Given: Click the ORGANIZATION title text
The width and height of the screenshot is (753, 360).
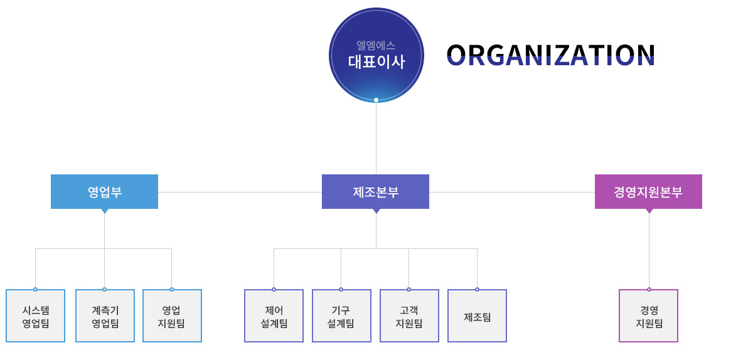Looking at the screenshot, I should (550, 55).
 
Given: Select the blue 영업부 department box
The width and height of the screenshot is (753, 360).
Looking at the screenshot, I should (104, 191).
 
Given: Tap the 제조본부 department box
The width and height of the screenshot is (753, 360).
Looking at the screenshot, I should (375, 191).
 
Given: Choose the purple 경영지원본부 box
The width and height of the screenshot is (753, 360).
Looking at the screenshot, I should (648, 191).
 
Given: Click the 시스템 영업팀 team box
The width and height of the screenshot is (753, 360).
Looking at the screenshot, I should (35, 316).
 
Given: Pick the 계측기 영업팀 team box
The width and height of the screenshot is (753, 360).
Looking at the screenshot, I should (105, 316).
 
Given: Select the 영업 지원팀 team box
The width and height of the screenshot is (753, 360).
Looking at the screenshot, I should (172, 316).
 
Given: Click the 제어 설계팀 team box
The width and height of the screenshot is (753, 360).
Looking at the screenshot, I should (274, 316).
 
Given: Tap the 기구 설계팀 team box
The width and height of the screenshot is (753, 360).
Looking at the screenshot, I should (341, 316).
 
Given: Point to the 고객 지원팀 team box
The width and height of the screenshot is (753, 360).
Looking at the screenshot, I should (409, 316).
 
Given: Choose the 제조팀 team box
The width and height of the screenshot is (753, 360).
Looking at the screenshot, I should (477, 316).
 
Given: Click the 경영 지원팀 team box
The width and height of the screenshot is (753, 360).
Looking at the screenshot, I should (648, 316).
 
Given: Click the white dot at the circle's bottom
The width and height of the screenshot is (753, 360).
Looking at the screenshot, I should (376, 100).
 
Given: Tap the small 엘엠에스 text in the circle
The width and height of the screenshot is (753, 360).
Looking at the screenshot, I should (376, 45).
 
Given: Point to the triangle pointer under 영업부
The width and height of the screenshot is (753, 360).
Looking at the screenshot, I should (105, 211).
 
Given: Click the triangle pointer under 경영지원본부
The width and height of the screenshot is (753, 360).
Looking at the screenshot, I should (649, 211).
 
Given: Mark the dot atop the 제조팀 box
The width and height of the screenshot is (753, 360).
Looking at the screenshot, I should (477, 289).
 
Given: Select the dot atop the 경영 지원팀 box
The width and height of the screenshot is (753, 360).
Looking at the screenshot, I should (649, 289).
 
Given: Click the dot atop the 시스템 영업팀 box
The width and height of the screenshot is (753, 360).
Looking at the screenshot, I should (35, 289).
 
